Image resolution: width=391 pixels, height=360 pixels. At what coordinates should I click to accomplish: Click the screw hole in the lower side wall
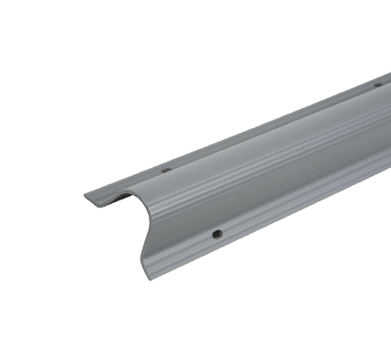tap(218, 234)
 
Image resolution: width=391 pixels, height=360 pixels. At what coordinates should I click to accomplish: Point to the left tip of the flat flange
tap(86, 196)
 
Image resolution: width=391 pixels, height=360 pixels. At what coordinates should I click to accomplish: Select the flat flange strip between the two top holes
tap(272, 128)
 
